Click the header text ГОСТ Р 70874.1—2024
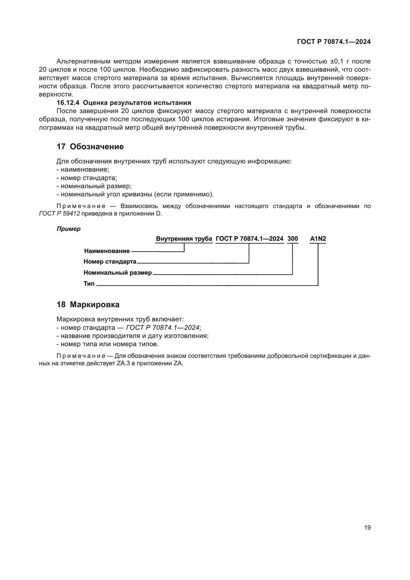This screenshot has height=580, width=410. [x=334, y=42]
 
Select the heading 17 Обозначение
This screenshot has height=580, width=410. [x=90, y=147]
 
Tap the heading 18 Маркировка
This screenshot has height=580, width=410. [x=88, y=305]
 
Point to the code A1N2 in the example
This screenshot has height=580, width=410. [x=318, y=239]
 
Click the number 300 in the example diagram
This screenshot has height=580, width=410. [x=293, y=239]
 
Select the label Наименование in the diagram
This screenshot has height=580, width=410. [x=107, y=251]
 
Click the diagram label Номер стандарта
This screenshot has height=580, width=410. [x=110, y=262]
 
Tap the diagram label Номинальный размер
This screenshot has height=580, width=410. [x=118, y=273]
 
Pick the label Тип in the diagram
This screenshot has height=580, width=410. [x=89, y=284]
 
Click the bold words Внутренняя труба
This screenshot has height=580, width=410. [x=184, y=239]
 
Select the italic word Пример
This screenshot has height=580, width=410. [x=68, y=229]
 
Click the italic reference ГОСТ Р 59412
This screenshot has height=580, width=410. [x=59, y=214]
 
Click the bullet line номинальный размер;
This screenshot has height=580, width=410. [x=94, y=186]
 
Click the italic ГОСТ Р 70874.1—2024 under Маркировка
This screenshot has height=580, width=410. [x=163, y=328]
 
